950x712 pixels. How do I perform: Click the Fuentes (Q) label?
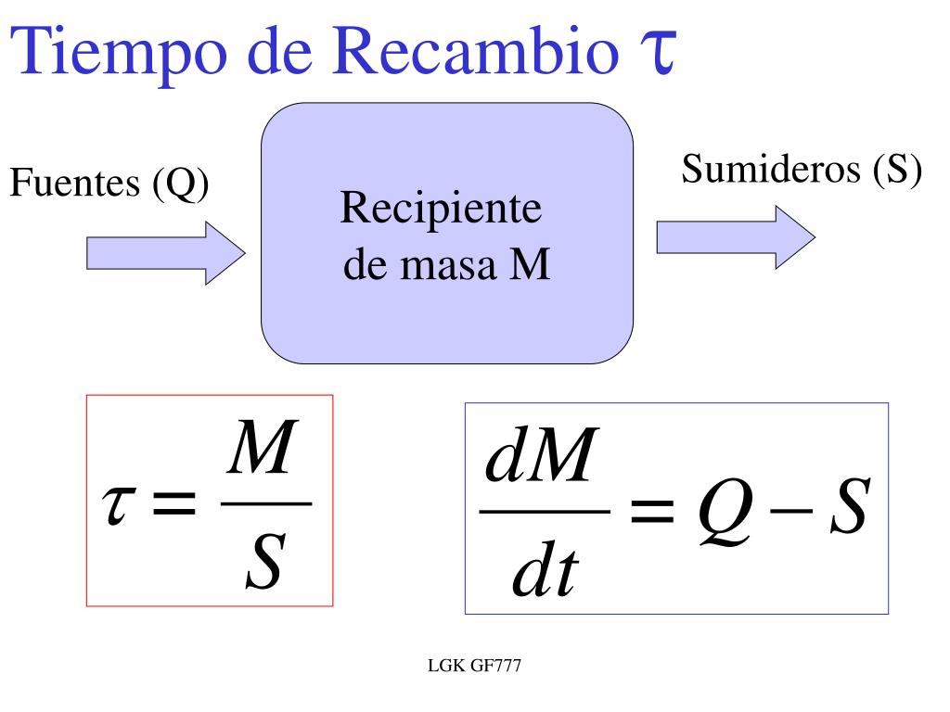(x=109, y=184)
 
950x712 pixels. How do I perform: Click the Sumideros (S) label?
(x=802, y=170)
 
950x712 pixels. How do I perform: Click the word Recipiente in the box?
(x=441, y=209)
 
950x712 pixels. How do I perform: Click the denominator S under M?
(x=264, y=565)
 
